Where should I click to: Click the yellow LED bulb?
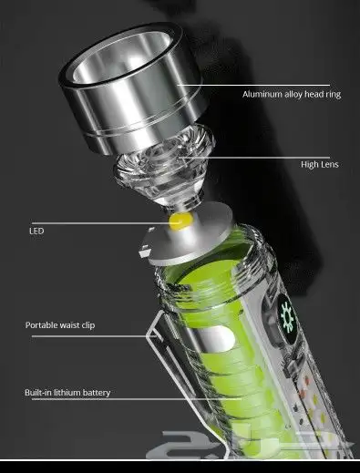point(181,221)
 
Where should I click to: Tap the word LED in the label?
point(36,231)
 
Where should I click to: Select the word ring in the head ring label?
point(334,95)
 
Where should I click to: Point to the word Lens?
point(329,164)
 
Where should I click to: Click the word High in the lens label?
point(309,165)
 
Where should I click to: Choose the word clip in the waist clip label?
point(88,325)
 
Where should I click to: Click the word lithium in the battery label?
point(67,393)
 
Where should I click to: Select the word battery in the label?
point(97,393)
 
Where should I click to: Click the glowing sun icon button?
point(287,317)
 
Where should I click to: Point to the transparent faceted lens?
point(164,170)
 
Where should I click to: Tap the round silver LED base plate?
point(190,234)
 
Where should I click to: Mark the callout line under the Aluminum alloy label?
point(253,86)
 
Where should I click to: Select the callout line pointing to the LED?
point(100,223)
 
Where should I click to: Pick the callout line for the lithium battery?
point(137,399)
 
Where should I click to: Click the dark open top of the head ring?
point(121,57)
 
